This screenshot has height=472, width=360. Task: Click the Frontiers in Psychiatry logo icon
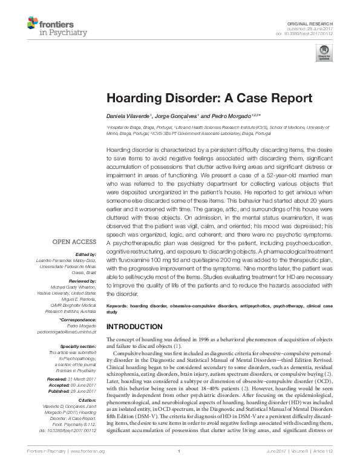[x=33, y=24]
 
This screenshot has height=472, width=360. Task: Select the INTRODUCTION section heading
[x=134, y=326]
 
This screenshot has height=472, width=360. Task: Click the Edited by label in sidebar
[x=85, y=254]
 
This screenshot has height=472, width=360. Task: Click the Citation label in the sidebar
[x=87, y=400]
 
